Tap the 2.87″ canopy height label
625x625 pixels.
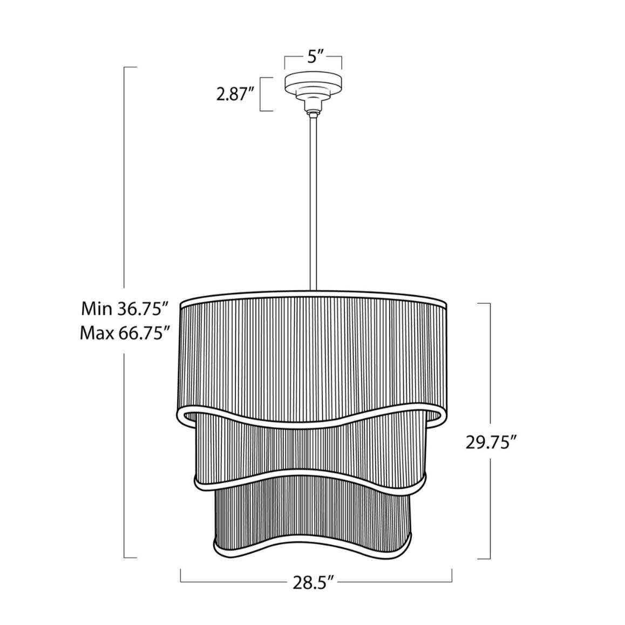pyautogui.click(x=235, y=95)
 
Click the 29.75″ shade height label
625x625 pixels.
pyautogui.click(x=492, y=443)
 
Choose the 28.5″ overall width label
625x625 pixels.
pyautogui.click(x=313, y=583)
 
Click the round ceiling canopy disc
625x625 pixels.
pyautogui.click(x=313, y=81)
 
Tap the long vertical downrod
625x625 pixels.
pyautogui.click(x=313, y=203)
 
